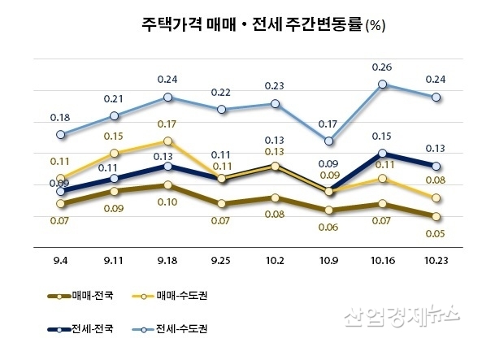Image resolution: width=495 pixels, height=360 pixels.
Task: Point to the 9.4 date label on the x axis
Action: (61, 261)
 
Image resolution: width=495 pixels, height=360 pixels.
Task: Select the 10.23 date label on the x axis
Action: (437, 261)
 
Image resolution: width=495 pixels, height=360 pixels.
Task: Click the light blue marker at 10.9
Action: (329, 141)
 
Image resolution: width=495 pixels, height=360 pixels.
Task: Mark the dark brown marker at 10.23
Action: (436, 216)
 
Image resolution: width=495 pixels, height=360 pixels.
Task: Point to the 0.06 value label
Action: (329, 227)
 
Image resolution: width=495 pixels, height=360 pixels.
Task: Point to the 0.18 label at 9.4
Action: (61, 118)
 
